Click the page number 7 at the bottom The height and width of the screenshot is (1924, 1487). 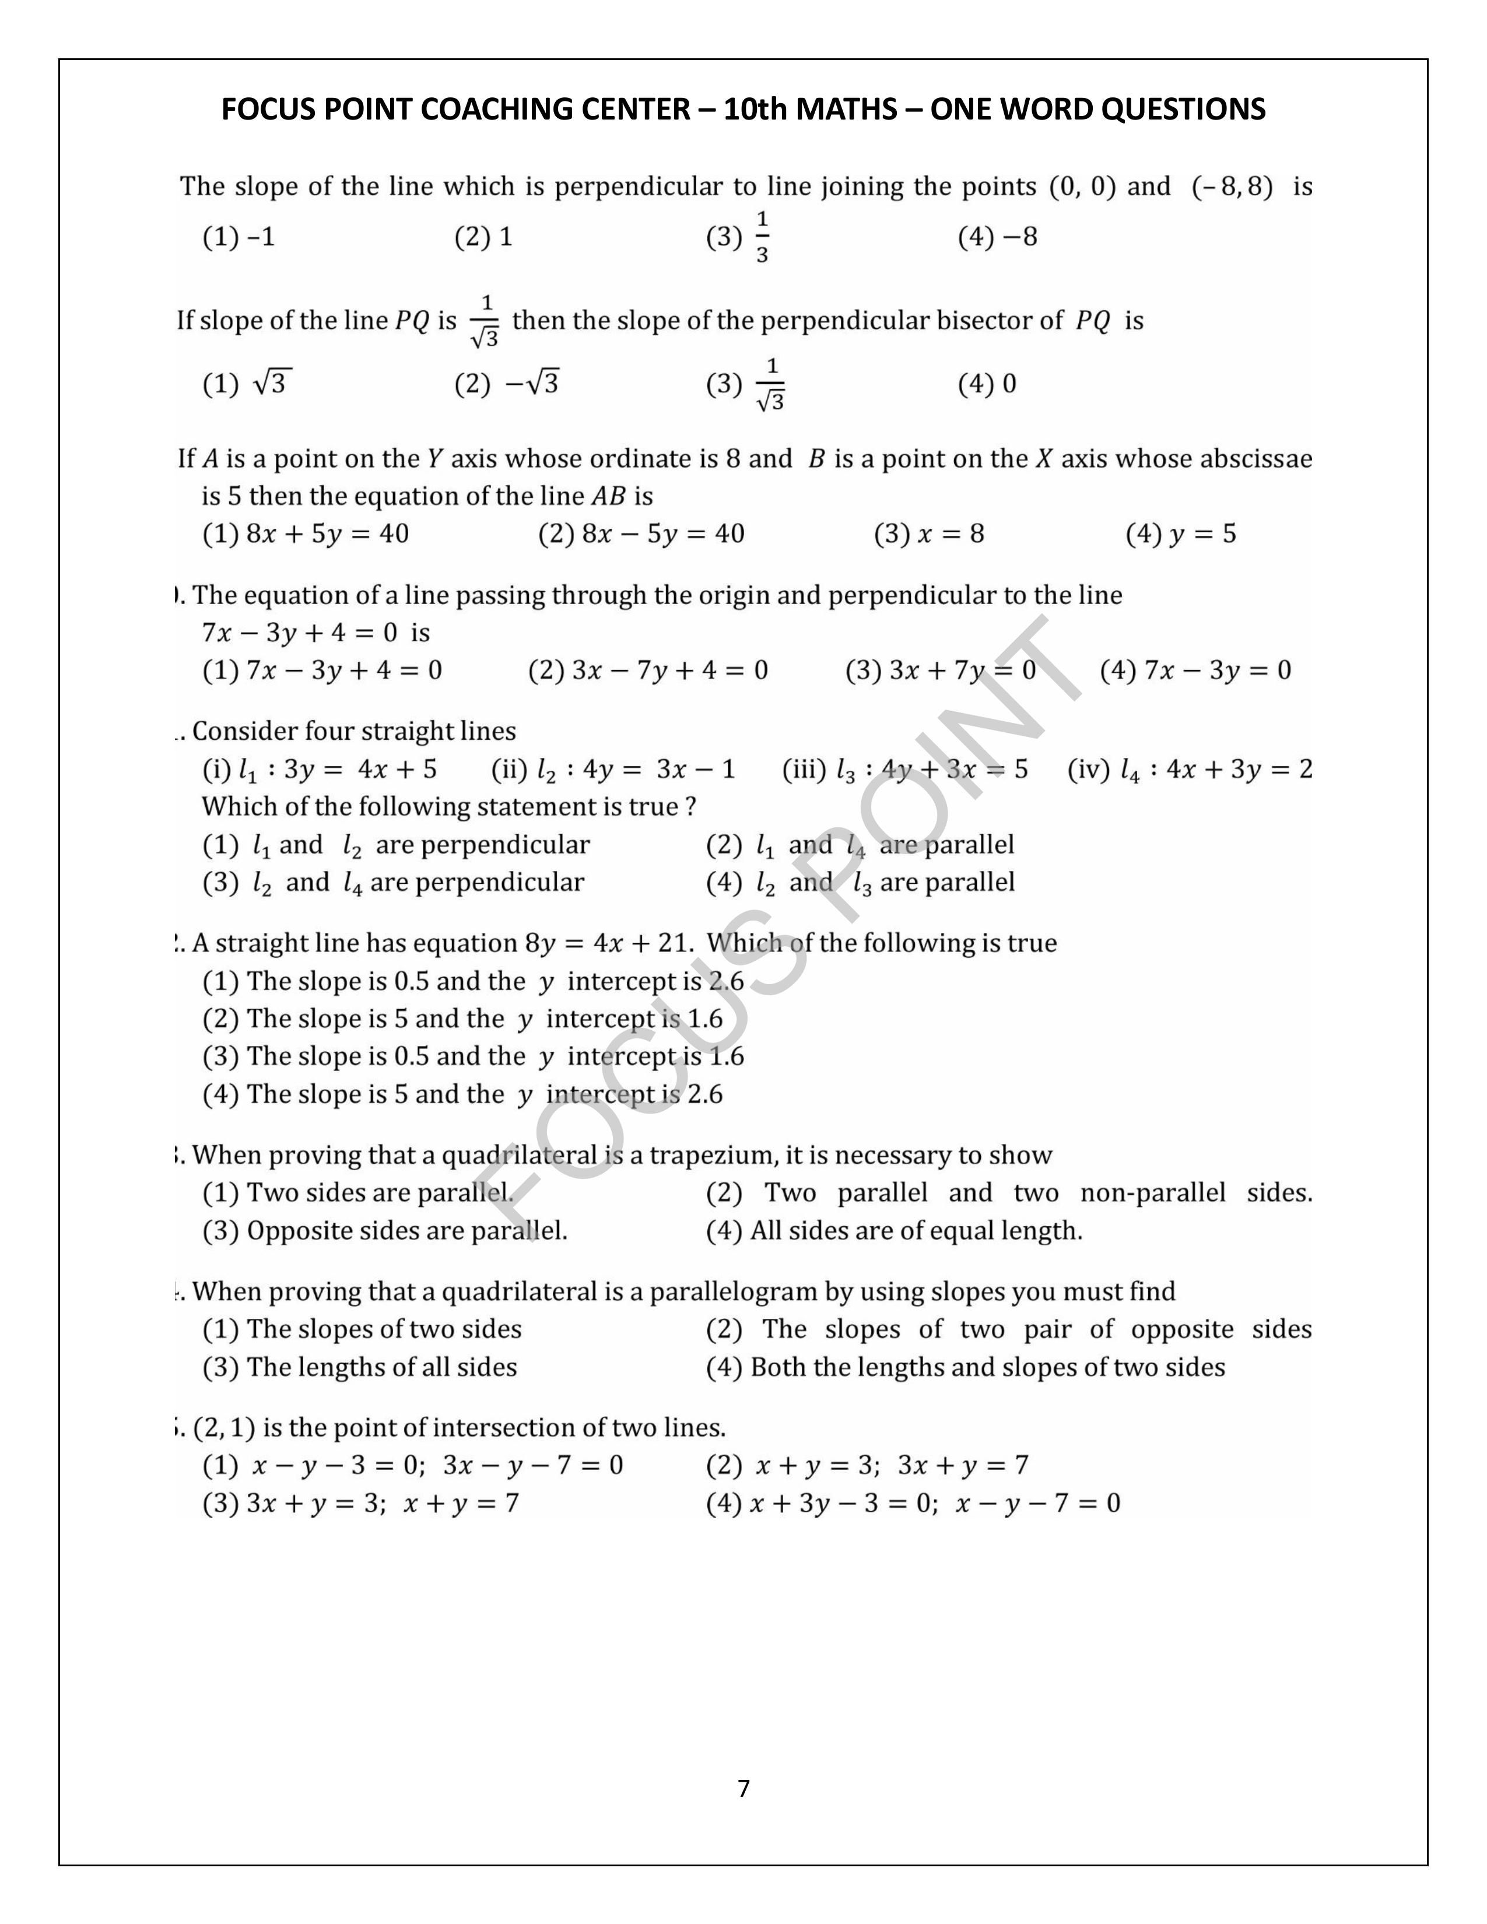point(743,1788)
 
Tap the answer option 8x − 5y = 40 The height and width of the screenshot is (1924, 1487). point(662,534)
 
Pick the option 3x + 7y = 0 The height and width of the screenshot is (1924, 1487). point(962,670)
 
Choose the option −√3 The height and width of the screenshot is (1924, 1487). point(531,383)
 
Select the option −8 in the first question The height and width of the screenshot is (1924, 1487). point(1018,237)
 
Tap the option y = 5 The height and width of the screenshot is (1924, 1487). point(1202,534)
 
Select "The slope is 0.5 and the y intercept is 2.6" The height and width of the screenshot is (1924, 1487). point(494,981)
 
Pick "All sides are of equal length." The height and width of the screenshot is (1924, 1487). point(916,1231)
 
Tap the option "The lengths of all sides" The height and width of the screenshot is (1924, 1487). point(381,1367)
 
